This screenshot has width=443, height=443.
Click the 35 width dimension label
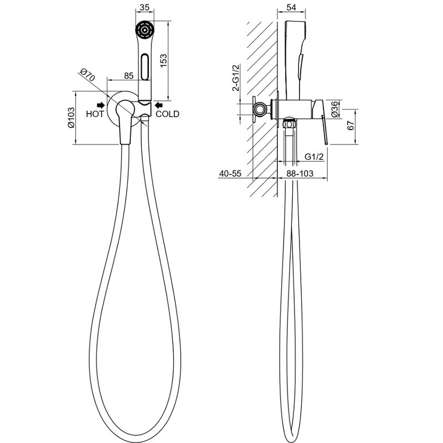pyautogui.click(x=145, y=7)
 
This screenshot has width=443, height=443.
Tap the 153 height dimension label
pyautogui.click(x=163, y=61)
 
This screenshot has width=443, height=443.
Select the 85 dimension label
pyautogui.click(x=128, y=76)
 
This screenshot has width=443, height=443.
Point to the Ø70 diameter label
pyautogui.click(x=87, y=75)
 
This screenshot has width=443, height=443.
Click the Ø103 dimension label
pyautogui.click(x=71, y=117)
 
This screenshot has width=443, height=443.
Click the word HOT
pyautogui.click(x=95, y=114)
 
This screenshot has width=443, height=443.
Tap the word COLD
pyautogui.click(x=168, y=114)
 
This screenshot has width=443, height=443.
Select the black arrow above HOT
pyautogui.click(x=101, y=105)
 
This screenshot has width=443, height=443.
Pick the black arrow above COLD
pyautogui.click(x=159, y=105)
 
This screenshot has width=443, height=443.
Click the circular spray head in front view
pyautogui.click(x=145, y=30)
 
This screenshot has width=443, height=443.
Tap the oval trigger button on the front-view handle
pyautogui.click(x=145, y=67)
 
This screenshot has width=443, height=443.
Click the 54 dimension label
pyautogui.click(x=291, y=7)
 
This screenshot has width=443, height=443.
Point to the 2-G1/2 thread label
pyautogui.click(x=236, y=78)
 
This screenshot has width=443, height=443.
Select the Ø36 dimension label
pyautogui.click(x=334, y=109)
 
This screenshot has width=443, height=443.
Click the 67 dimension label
pyautogui.click(x=350, y=126)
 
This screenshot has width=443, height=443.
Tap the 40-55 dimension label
pyautogui.click(x=230, y=173)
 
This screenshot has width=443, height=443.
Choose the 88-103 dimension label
pyautogui.click(x=300, y=173)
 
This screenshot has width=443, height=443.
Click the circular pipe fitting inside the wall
pyautogui.click(x=259, y=109)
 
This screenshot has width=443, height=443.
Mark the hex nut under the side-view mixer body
pyautogui.click(x=290, y=124)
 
